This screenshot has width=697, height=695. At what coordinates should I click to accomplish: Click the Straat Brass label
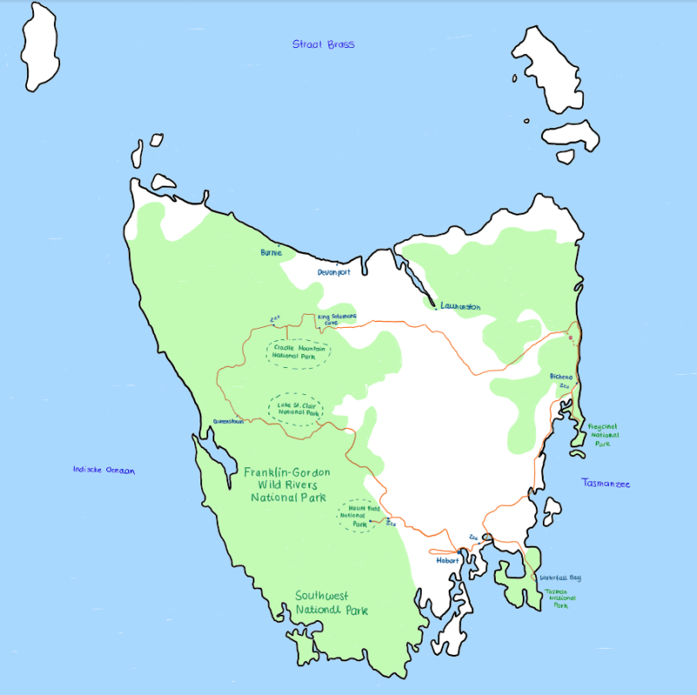click(323, 44)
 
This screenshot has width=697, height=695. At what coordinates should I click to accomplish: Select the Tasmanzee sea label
click(606, 483)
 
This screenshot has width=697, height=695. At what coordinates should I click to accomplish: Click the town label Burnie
click(271, 252)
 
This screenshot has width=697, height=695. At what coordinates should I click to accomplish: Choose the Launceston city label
click(460, 306)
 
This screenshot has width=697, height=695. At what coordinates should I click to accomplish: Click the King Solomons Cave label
click(336, 319)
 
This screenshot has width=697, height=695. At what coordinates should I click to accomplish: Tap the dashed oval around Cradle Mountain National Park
click(299, 351)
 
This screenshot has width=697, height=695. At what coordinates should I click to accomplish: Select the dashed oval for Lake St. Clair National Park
click(294, 409)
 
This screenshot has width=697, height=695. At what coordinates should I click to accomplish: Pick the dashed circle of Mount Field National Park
click(359, 515)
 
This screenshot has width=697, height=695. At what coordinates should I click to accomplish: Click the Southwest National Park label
click(331, 603)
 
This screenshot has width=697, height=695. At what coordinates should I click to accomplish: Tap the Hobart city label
click(447, 561)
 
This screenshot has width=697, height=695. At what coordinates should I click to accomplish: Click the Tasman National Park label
click(560, 598)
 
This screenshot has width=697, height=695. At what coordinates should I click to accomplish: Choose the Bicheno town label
click(561, 377)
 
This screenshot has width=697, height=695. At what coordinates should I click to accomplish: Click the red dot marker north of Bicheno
click(571, 337)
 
